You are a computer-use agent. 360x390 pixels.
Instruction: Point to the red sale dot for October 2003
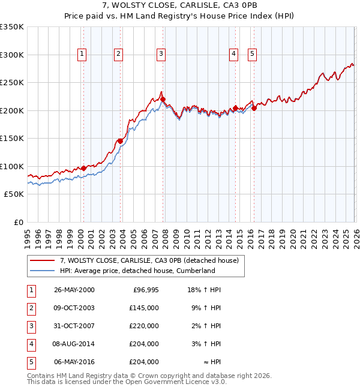120,141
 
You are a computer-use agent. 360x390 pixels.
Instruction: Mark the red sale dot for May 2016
254,108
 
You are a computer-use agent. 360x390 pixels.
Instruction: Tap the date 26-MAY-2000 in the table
74,290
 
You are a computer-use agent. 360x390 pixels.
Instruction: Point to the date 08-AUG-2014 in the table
74,344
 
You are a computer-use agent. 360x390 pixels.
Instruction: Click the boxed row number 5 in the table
31,362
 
